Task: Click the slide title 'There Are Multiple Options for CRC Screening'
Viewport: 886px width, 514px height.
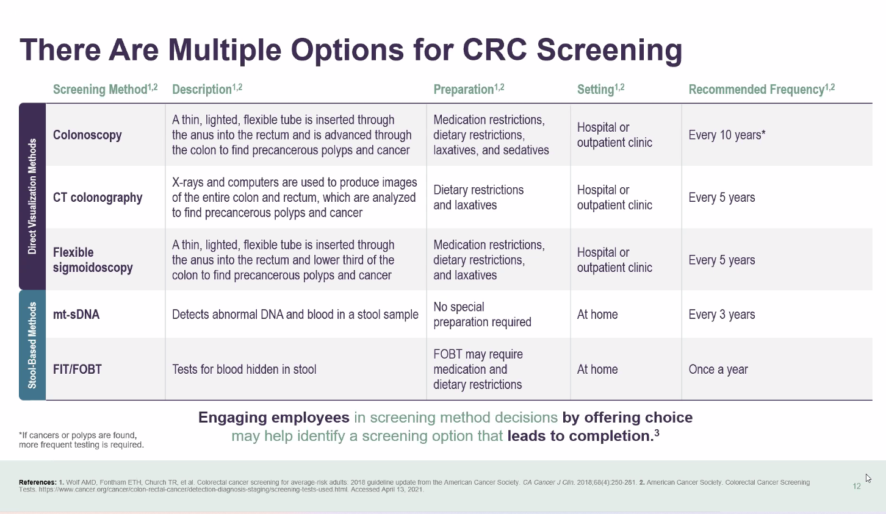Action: tap(351, 50)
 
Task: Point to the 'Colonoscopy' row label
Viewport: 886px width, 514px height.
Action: tap(87, 135)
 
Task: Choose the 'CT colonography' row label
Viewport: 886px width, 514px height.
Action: tap(98, 198)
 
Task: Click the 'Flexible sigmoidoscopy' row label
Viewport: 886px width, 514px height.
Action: tap(93, 260)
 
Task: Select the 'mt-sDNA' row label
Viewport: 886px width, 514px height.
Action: tap(76, 315)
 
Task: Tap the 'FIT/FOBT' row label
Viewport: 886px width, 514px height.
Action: tap(77, 369)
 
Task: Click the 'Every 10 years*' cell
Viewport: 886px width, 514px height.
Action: tap(726, 135)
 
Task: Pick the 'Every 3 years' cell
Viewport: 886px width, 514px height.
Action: tap(722, 315)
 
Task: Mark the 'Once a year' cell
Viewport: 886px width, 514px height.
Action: tap(718, 369)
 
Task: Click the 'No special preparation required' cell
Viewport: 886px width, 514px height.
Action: tap(482, 315)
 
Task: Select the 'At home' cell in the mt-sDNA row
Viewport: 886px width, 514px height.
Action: tap(597, 315)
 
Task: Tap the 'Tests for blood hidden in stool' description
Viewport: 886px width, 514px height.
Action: tap(244, 369)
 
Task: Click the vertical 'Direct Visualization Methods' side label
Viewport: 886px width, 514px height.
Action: tap(32, 196)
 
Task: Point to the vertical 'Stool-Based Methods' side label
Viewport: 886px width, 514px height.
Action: tap(32, 345)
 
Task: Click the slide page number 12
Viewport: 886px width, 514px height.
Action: tap(857, 486)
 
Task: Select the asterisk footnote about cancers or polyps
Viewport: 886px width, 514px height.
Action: tap(81, 440)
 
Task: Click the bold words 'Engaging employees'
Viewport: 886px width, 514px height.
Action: tap(273, 418)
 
